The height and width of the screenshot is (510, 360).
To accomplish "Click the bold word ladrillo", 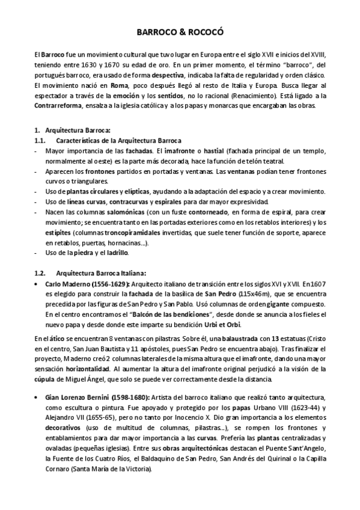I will [130, 253].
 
